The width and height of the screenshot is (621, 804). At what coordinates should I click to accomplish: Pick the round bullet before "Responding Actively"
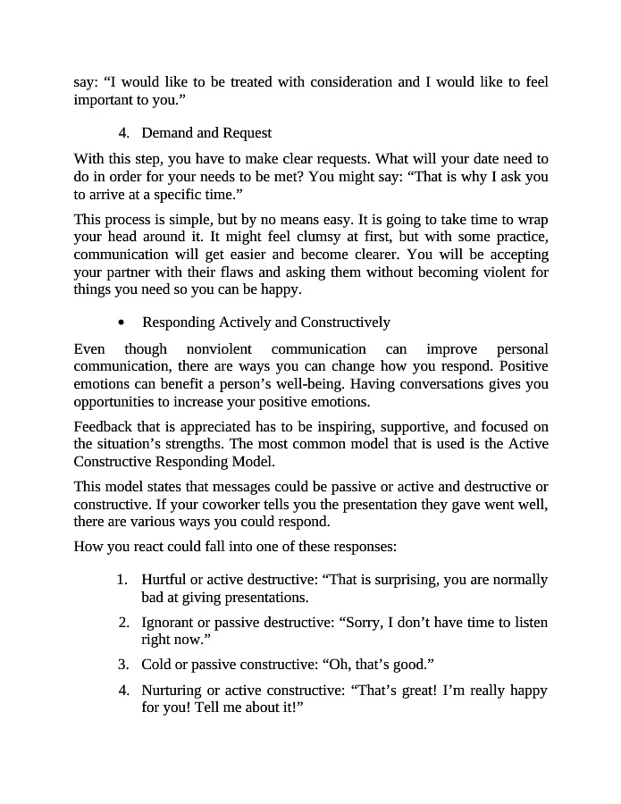(x=122, y=322)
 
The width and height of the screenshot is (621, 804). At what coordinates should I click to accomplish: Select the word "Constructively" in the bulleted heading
(x=346, y=322)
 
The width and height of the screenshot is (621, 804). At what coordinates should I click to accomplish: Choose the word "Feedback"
(x=103, y=427)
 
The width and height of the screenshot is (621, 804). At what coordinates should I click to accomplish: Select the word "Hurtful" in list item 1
(x=163, y=580)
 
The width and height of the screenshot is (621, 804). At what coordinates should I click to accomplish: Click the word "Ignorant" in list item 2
(x=167, y=622)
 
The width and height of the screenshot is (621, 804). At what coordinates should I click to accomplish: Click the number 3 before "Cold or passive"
(x=123, y=665)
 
